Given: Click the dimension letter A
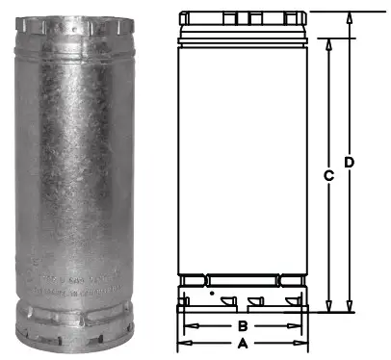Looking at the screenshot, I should point(243,343).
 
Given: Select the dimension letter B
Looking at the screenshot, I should point(243,327).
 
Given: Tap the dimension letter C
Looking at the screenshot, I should point(328,175).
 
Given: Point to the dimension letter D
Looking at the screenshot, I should point(350,163).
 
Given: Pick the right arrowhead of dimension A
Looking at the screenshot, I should point(305,343).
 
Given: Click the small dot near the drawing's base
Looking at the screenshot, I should point(211,288).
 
